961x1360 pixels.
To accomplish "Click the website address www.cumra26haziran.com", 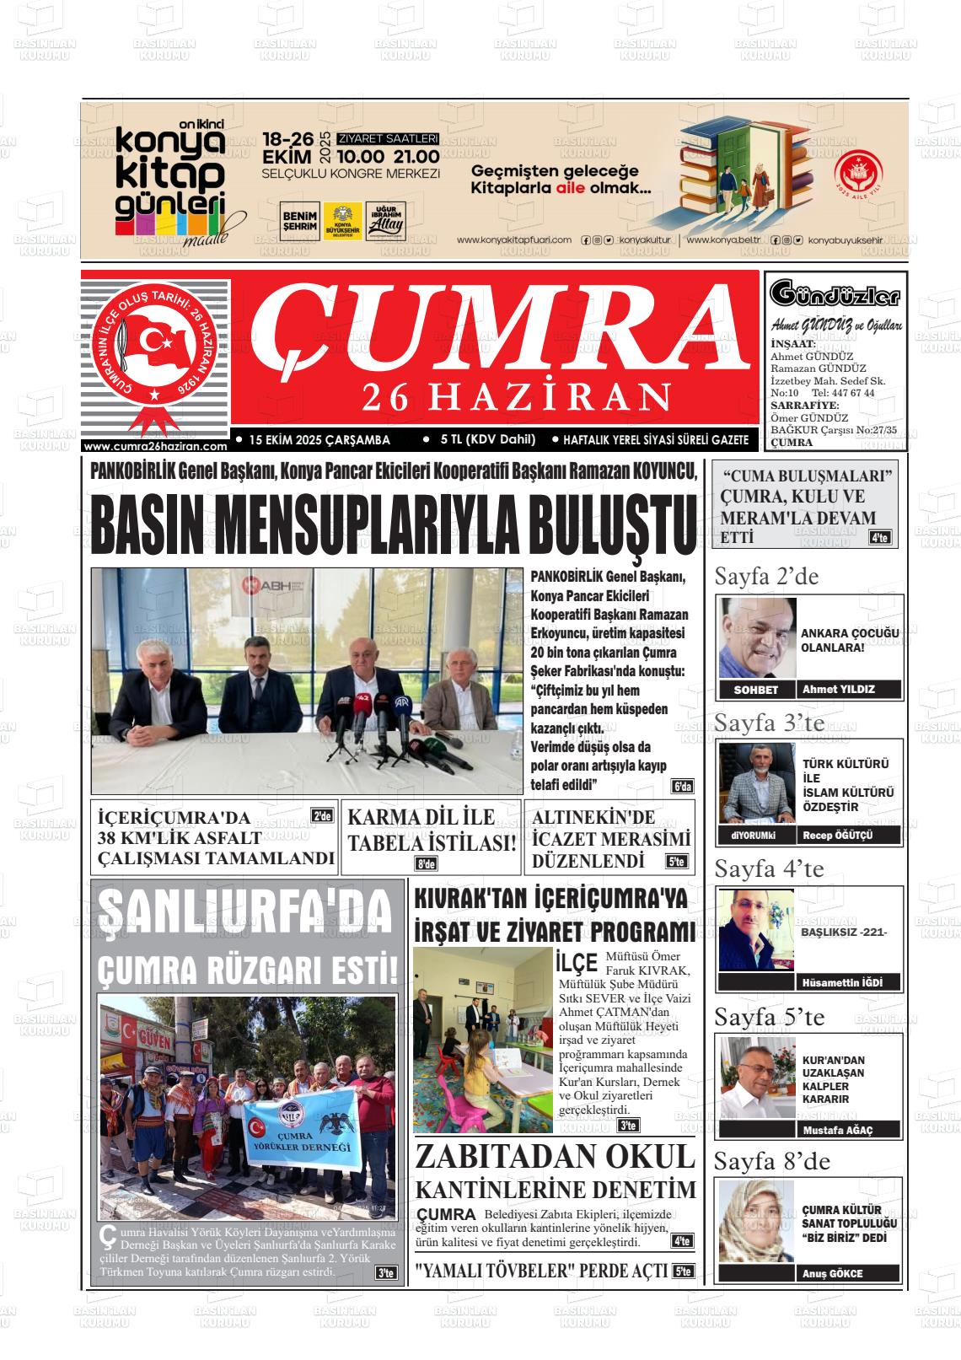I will coord(156,446).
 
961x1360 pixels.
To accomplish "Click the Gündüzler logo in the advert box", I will coord(835,295).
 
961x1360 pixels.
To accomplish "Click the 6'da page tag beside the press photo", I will coord(682,787).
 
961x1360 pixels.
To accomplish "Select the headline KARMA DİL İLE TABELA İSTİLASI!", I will coord(432,830).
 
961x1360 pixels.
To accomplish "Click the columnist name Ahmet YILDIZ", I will coord(838,689).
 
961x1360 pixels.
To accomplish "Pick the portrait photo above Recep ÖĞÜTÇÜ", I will coord(757,783).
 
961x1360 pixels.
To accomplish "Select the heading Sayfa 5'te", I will coord(769,1017).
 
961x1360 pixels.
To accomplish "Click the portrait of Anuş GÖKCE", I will coord(756,1221).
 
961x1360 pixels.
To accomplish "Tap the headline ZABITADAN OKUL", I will coord(555,1157).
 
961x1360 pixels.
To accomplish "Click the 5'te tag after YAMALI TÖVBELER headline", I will coord(683,1271).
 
